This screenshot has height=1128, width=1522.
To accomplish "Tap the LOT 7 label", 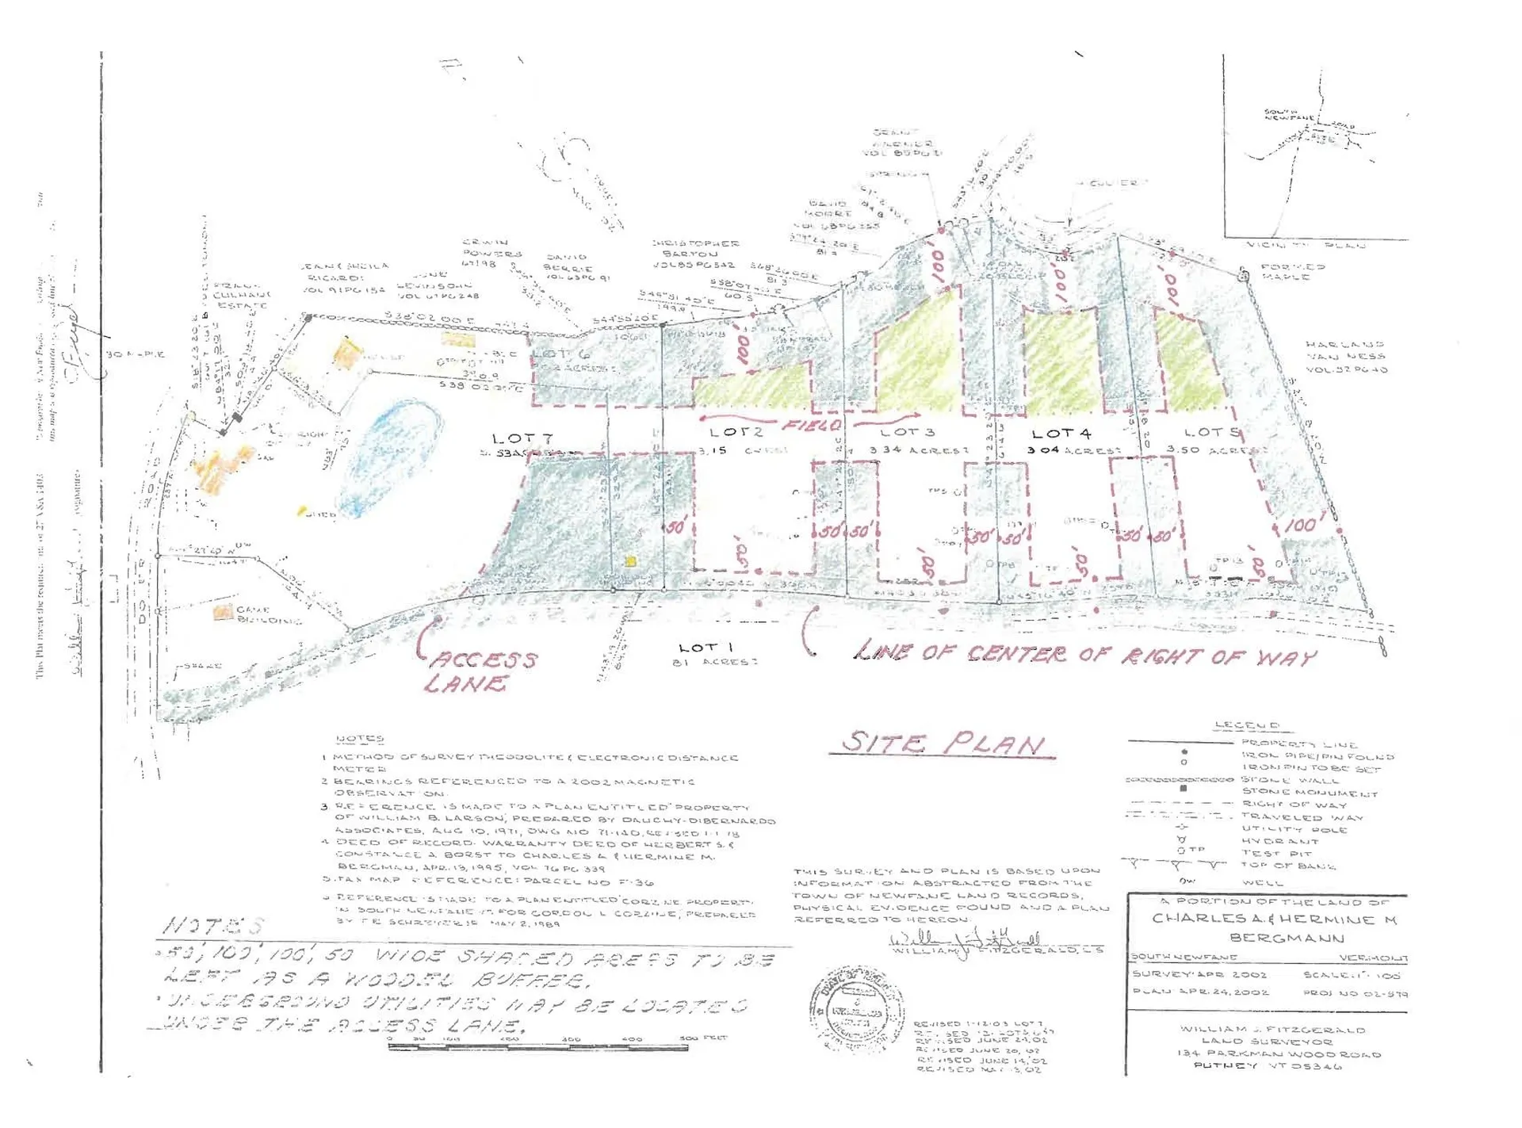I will click(522, 438).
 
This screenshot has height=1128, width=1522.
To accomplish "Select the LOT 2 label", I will click(736, 432).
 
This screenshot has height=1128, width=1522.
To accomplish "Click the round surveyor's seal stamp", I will click(857, 1008).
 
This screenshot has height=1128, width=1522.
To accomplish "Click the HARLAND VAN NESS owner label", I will click(1345, 357).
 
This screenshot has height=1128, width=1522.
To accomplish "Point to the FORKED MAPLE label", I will click(1293, 271).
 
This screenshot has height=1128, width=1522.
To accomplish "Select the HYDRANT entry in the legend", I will click(1279, 841).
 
